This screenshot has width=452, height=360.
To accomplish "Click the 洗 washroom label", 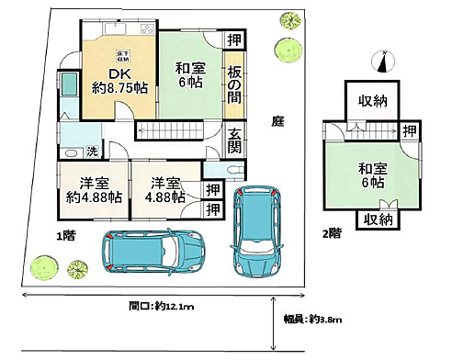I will pos(92,150).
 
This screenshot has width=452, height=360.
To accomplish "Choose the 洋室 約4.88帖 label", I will pos(94,189).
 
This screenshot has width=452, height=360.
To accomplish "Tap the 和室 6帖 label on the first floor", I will pos(190,73).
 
